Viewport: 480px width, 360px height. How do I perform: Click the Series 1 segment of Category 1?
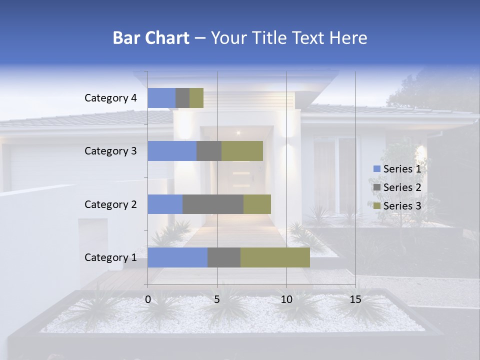(177, 257)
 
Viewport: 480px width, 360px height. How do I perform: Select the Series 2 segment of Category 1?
(224, 257)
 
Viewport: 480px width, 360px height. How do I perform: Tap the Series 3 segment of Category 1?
(275, 257)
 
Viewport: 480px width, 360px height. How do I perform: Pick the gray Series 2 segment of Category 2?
(213, 204)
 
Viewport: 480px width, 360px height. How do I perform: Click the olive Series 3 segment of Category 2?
(257, 204)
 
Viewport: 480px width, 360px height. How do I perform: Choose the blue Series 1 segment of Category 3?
(172, 151)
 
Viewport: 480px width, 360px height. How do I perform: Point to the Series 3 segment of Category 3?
(242, 151)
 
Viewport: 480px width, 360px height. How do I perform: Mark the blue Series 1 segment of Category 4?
(161, 98)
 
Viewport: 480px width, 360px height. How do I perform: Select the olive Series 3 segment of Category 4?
(196, 98)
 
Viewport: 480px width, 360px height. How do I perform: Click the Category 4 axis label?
(110, 98)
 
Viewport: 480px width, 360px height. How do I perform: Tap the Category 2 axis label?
(110, 204)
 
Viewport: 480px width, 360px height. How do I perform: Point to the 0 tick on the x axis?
(148, 299)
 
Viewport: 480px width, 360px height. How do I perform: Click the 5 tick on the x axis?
(217, 299)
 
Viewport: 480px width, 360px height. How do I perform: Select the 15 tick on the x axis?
(355, 299)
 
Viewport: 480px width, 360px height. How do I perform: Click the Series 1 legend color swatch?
(376, 169)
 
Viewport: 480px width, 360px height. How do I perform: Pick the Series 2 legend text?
(402, 187)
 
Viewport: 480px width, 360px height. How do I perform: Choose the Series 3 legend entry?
(397, 206)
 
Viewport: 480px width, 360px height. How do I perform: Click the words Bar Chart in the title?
(151, 38)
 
